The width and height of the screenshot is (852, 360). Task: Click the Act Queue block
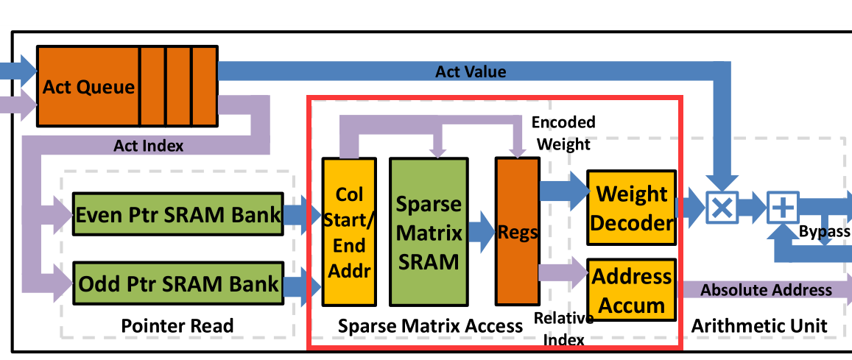(x=88, y=87)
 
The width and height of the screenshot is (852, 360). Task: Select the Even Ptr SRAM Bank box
(x=179, y=215)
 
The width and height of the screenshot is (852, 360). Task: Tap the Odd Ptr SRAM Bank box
(x=179, y=283)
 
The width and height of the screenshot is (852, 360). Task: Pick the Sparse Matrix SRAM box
(x=429, y=232)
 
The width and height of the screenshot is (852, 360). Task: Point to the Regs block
(x=518, y=232)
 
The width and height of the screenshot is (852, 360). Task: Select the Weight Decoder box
(x=632, y=208)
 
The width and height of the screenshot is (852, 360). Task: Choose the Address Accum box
(x=632, y=290)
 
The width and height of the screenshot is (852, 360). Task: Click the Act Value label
(x=471, y=71)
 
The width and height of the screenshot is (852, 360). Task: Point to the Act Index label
(x=148, y=146)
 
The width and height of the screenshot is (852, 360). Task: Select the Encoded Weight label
(x=563, y=133)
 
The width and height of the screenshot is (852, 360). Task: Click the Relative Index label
(x=563, y=328)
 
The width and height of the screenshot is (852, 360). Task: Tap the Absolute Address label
(x=766, y=290)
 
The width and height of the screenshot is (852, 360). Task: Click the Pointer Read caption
(x=177, y=325)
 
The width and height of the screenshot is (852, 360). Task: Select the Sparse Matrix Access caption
(x=430, y=325)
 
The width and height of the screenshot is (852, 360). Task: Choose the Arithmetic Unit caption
(x=759, y=325)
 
